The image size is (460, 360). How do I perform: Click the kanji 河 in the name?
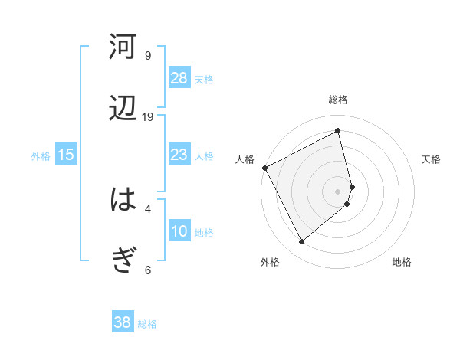click(123, 47)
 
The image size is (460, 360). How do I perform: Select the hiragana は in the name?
click(123, 200)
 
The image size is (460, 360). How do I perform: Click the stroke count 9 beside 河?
click(148, 55)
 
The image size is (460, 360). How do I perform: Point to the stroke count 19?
click(148, 116)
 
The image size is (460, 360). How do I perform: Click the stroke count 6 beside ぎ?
click(148, 270)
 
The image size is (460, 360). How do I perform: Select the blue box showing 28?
click(179, 78)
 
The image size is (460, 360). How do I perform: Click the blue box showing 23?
click(179, 155)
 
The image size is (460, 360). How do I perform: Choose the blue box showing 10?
click(179, 231)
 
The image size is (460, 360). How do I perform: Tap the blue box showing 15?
click(66, 155)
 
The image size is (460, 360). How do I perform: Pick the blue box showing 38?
click(123, 323)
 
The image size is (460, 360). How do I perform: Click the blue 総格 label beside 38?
click(147, 324)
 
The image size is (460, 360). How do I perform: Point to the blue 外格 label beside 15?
click(41, 155)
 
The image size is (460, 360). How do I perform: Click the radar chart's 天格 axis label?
click(432, 159)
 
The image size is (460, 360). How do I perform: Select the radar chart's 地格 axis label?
click(402, 262)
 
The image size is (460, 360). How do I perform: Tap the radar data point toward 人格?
click(264, 168)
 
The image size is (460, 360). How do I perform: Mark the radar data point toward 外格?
click(301, 242)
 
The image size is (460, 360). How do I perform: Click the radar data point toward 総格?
click(338, 131)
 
